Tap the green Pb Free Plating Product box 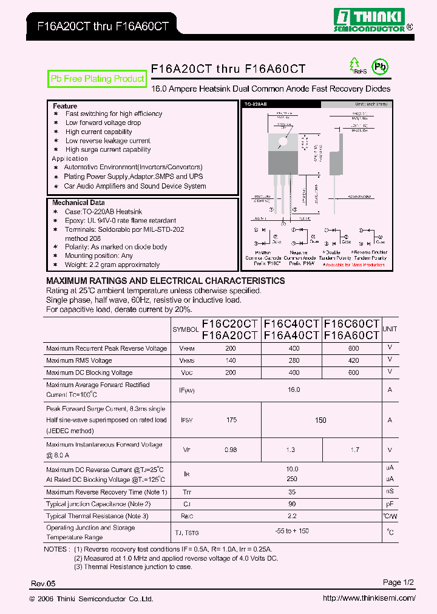(x=97, y=79)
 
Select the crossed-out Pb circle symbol (x=381, y=67)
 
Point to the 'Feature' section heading (x=65, y=106)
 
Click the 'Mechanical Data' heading (x=78, y=203)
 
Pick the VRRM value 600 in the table (x=354, y=349)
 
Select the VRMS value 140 (x=231, y=361)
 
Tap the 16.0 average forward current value (x=294, y=390)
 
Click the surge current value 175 (x=231, y=420)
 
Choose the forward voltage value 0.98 (x=231, y=450)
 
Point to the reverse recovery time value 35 (x=293, y=492)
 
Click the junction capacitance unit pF (x=390, y=504)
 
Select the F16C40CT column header (x=291, y=324)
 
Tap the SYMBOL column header (x=186, y=329)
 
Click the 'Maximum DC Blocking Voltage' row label (x=89, y=373)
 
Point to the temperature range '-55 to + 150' (x=292, y=531)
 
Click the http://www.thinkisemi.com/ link (x=369, y=598)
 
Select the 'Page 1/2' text (x=398, y=582)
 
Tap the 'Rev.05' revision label (x=43, y=583)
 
